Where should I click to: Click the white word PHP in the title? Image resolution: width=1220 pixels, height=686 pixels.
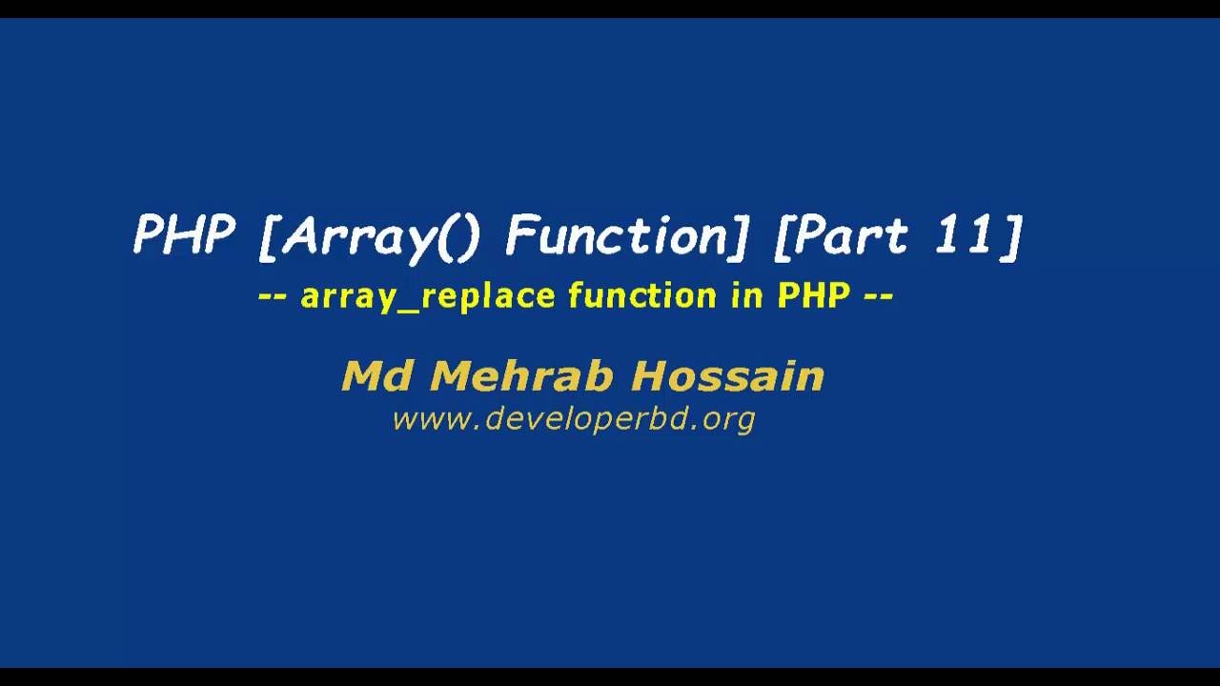click(x=184, y=234)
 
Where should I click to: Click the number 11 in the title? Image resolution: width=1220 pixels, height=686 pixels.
click(x=964, y=234)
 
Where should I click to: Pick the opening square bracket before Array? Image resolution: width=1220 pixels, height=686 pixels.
click(x=268, y=236)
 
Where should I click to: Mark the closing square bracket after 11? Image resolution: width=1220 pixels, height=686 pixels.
click(x=1011, y=236)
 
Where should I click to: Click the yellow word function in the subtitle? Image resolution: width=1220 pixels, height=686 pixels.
click(x=641, y=295)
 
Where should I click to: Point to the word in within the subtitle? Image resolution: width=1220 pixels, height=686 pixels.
click(x=746, y=295)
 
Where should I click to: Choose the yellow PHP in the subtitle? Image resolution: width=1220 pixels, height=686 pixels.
click(x=813, y=295)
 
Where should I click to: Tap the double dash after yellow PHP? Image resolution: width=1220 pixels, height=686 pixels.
click(x=878, y=296)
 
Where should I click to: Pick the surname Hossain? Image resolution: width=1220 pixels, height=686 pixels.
click(x=727, y=376)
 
